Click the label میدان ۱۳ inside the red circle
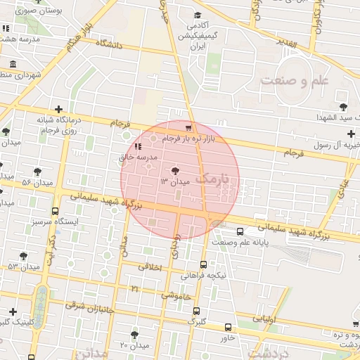click(174, 182)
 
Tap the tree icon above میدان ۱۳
click(175, 170)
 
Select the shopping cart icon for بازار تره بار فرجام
click(188, 127)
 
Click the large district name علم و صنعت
click(295, 81)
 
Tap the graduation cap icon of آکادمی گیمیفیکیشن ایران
click(197, 15)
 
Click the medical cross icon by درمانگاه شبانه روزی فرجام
click(58, 109)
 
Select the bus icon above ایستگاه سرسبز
click(55, 211)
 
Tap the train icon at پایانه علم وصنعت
click(241, 231)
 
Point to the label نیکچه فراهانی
click(204, 276)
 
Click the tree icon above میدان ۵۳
click(23, 256)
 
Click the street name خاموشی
click(176, 296)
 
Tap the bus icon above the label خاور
click(228, 327)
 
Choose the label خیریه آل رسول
click(330, 144)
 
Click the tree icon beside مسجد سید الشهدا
click(342, 107)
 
